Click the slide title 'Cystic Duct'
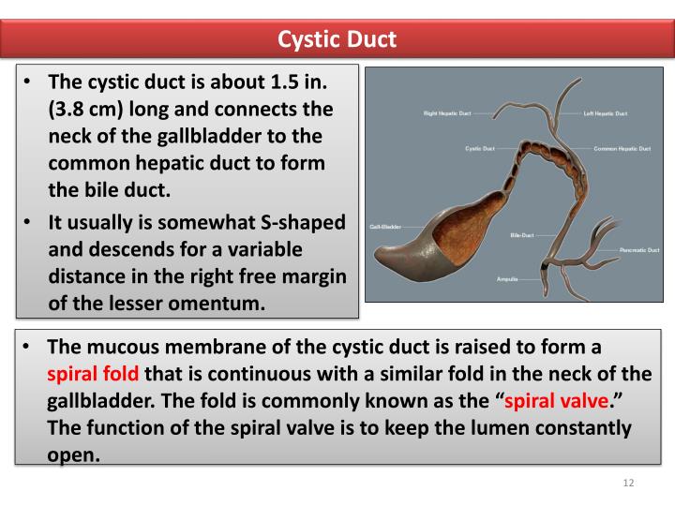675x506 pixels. click(x=337, y=39)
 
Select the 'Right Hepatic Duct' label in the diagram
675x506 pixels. click(x=445, y=113)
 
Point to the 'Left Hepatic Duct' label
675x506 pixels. click(x=606, y=113)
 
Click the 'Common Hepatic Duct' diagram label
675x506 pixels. click(x=622, y=148)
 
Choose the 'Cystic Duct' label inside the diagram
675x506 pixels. click(x=480, y=148)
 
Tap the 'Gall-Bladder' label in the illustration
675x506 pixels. click(x=385, y=228)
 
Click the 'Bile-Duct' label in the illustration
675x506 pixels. click(x=521, y=234)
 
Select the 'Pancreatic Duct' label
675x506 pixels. click(x=642, y=249)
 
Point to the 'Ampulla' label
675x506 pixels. click(x=506, y=280)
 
